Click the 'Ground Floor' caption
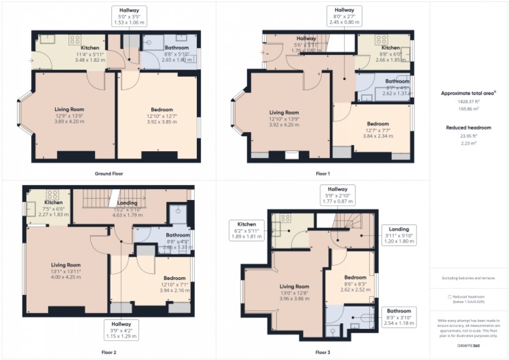tap(109, 174)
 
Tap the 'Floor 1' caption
tap(322, 174)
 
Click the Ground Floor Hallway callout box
tap(129, 16)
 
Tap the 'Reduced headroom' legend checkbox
tap(450, 296)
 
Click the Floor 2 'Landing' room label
tap(127, 203)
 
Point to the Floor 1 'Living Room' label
tap(284, 112)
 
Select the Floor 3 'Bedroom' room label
tap(355, 277)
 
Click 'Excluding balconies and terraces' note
tap(468, 278)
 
